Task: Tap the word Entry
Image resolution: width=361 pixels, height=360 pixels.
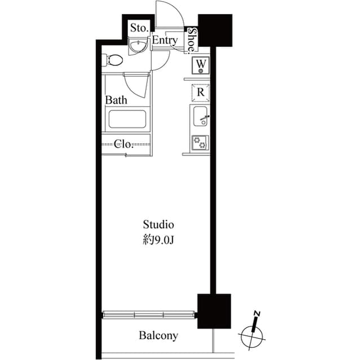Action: point(165,41)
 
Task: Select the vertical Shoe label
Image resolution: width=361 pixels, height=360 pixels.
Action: point(192,39)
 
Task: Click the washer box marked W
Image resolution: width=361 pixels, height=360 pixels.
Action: point(201,66)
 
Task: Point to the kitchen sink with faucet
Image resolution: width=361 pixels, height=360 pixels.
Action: point(200,117)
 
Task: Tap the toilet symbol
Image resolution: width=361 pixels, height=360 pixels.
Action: point(115,60)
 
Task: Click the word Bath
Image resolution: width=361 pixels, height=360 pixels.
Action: point(117,100)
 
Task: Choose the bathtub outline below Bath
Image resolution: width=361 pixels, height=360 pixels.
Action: point(127,119)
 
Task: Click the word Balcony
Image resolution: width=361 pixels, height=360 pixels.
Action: point(159,336)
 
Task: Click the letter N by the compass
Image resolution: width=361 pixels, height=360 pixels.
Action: point(257,313)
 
